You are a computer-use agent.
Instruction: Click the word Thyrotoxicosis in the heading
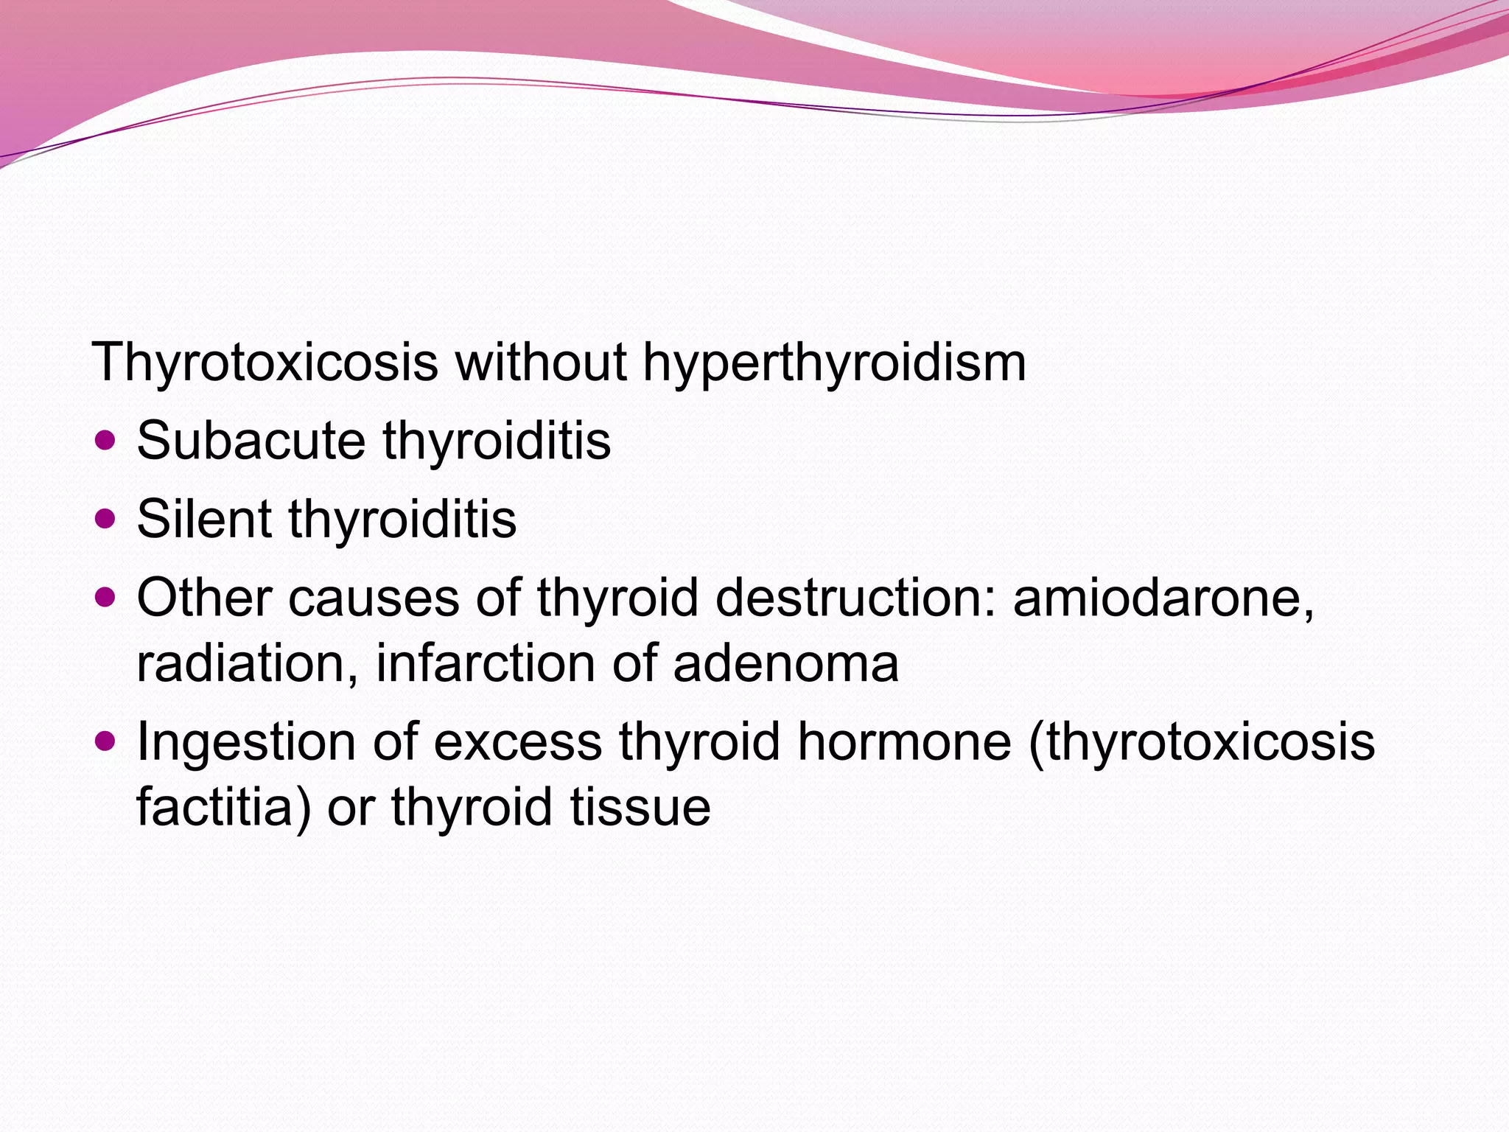[x=265, y=363]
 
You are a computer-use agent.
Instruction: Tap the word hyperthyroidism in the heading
[x=834, y=363]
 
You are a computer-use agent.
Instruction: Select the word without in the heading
[x=542, y=363]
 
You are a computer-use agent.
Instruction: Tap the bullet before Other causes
[x=106, y=598]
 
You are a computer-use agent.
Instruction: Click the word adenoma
[x=785, y=663]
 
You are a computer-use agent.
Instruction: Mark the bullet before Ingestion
[x=106, y=741]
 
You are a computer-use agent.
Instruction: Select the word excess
[x=517, y=741]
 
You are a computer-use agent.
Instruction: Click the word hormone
[x=905, y=741]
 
